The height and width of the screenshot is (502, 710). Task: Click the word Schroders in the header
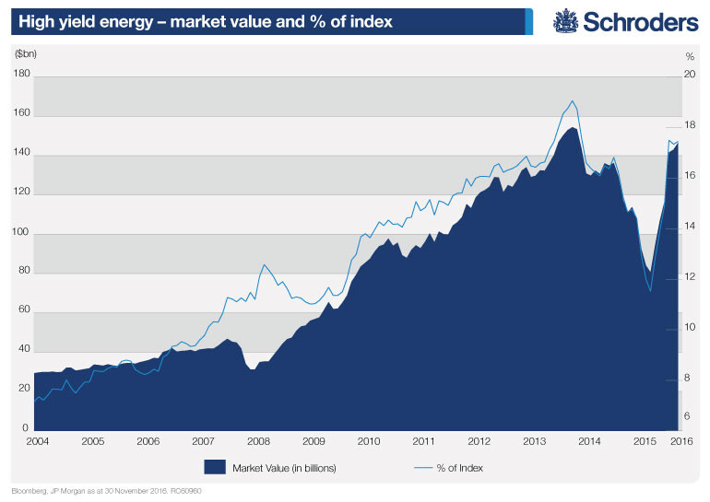pos(635,21)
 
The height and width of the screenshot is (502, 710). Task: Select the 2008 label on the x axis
pos(257,442)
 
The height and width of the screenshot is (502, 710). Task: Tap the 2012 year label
pos(479,442)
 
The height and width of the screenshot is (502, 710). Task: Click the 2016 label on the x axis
pos(680,442)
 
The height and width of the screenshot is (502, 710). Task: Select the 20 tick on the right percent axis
pos(688,76)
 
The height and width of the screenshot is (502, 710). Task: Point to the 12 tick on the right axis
pos(688,277)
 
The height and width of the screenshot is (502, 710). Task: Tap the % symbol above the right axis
pos(688,56)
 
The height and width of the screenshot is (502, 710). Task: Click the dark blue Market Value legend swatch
pos(214,467)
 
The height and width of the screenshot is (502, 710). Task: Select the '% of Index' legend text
pos(459,468)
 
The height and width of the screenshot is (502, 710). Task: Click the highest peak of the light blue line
pos(573,100)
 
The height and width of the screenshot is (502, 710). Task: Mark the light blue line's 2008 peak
pos(264,264)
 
